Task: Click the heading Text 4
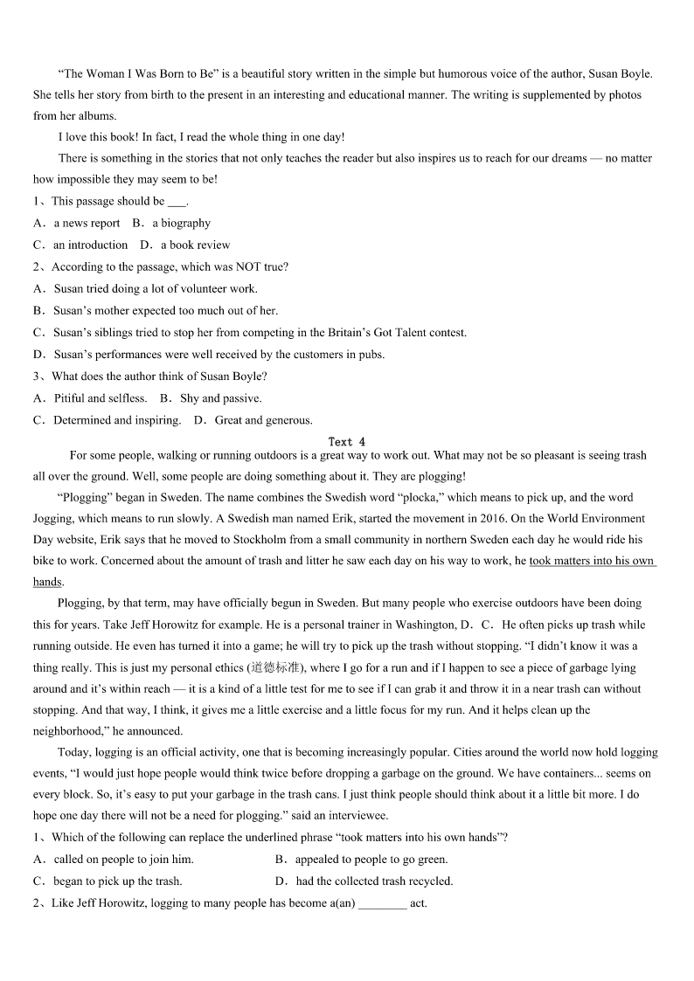pyautogui.click(x=347, y=442)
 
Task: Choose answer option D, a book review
pyautogui.click(x=189, y=245)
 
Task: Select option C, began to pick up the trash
pyautogui.click(x=117, y=881)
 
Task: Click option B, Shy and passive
pyautogui.click(x=219, y=398)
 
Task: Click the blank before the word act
pyautogui.click(x=382, y=903)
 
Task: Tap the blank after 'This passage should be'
pyautogui.click(x=177, y=202)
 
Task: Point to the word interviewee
pyautogui.click(x=359, y=816)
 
